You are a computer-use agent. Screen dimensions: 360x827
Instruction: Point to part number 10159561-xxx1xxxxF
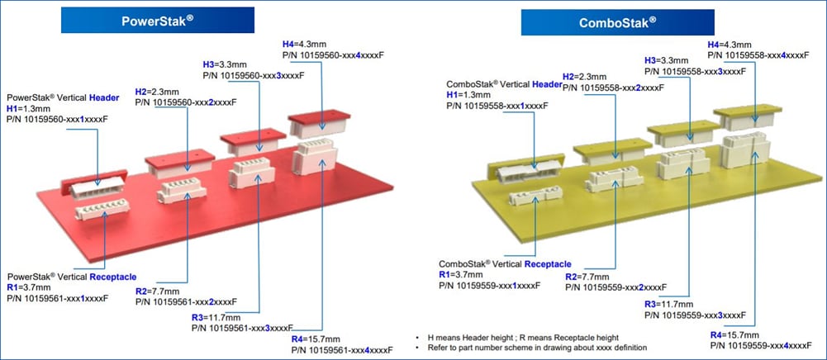(x=57, y=298)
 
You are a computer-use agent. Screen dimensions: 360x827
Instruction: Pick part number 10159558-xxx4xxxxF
(x=763, y=54)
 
